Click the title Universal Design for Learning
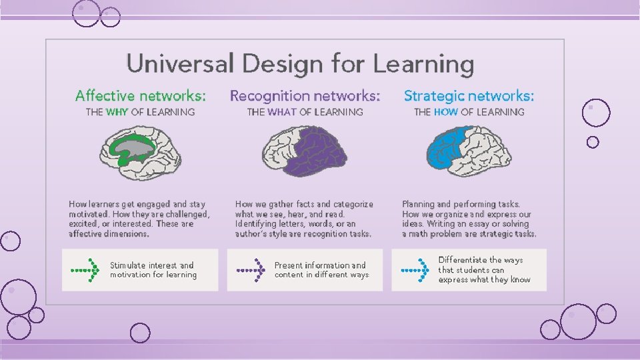(300, 65)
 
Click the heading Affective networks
(141, 96)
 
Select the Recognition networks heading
(305, 96)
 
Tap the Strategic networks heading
(469, 96)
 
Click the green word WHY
(117, 112)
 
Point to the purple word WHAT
(282, 112)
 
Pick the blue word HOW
(445, 112)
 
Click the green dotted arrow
(85, 270)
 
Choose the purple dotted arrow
(251, 270)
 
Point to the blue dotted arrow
(415, 270)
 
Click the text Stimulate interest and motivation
(153, 270)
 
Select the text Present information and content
(320, 270)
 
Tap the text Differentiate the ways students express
(484, 270)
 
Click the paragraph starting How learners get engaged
(139, 219)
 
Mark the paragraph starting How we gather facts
(304, 219)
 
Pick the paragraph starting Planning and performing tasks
(469, 219)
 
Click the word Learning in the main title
(423, 65)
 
